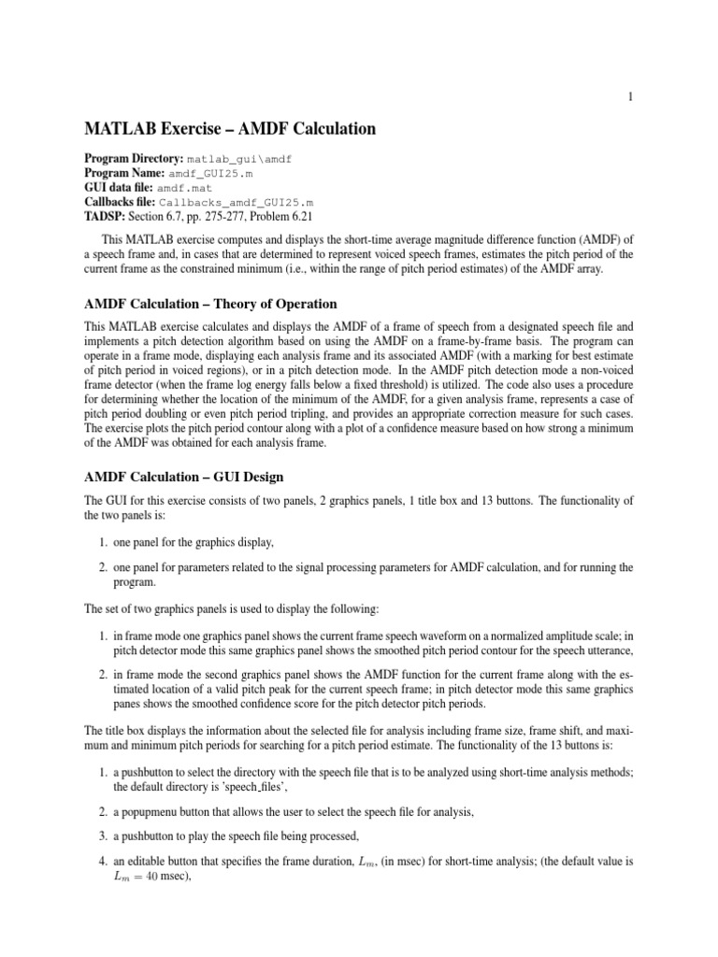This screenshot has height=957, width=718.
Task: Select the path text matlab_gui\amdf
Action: [x=240, y=160]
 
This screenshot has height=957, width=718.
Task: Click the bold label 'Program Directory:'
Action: [x=135, y=160]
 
